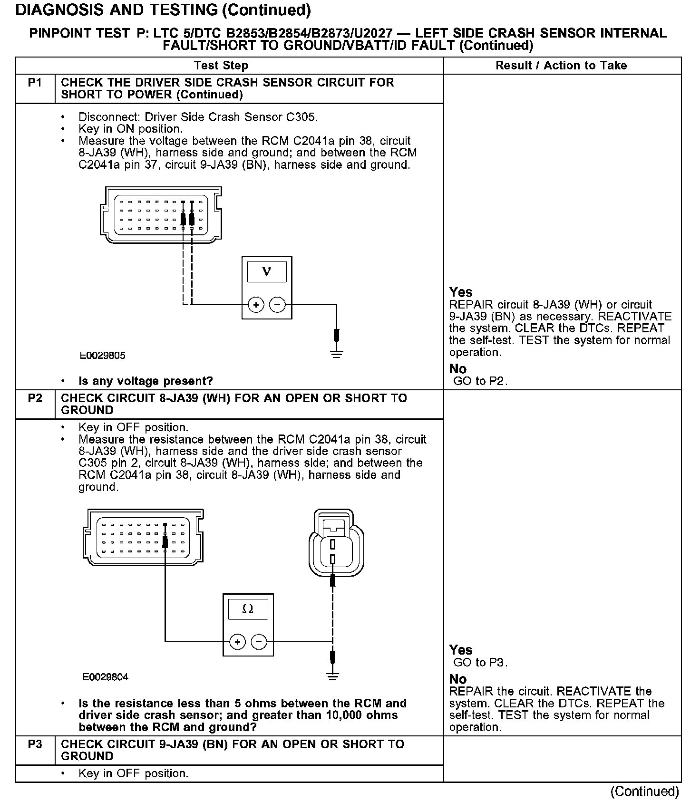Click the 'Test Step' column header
pos(221,66)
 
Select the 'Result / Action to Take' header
pos(561,66)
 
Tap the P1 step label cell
pos(35,83)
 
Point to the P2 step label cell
pos(35,398)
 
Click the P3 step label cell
pos(35,744)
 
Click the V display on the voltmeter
pos(266,272)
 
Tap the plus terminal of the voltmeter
pos(256,305)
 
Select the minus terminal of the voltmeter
pos(277,305)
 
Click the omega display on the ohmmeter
pos(248,609)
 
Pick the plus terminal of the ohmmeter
pos(237,642)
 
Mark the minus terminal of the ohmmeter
pos(259,642)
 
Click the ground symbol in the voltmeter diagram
pos(336,353)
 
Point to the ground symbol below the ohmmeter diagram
pos(333,676)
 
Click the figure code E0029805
pos(103,356)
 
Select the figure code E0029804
pos(106,677)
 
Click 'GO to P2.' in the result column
pos(480,381)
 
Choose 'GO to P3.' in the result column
pos(480,662)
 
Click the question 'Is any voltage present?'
pos(146,381)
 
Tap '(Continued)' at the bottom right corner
pos(645,791)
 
